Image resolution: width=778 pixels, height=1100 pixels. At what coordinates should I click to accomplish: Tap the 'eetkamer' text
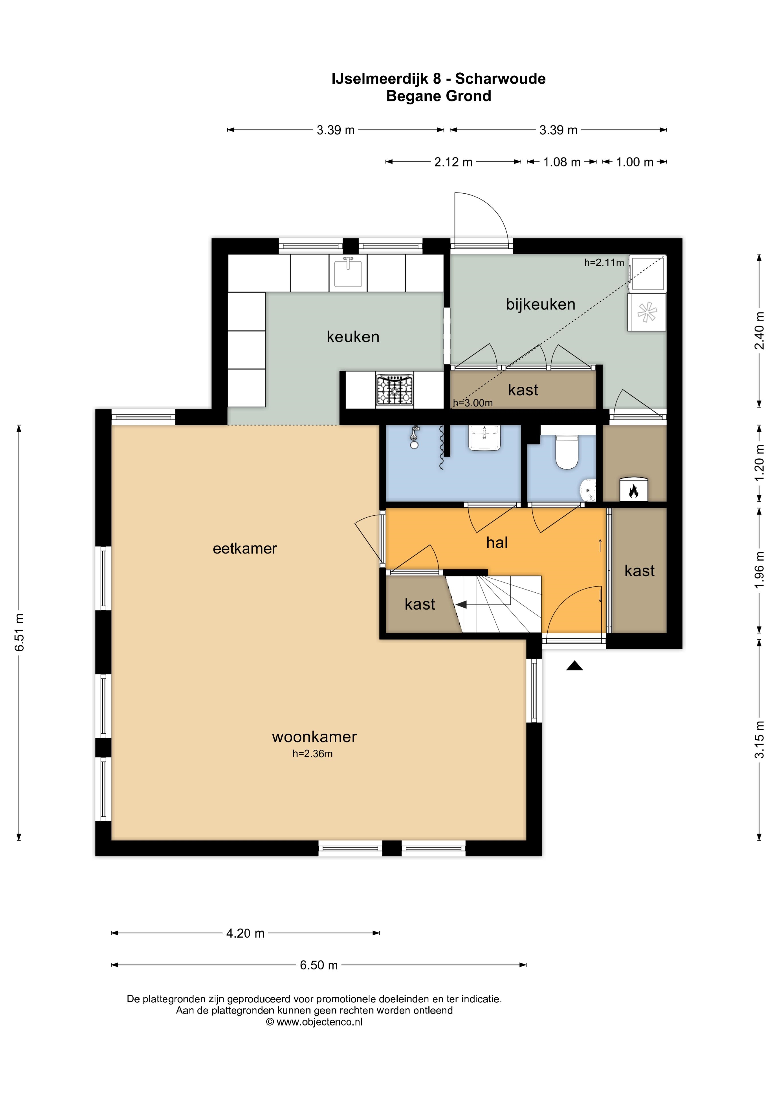coord(245,549)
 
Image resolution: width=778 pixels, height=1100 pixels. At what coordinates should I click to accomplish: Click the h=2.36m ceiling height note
coord(313,754)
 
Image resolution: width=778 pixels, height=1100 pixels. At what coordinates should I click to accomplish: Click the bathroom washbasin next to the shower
coord(485,438)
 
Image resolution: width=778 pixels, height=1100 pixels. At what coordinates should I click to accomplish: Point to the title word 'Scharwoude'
coord(500,78)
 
